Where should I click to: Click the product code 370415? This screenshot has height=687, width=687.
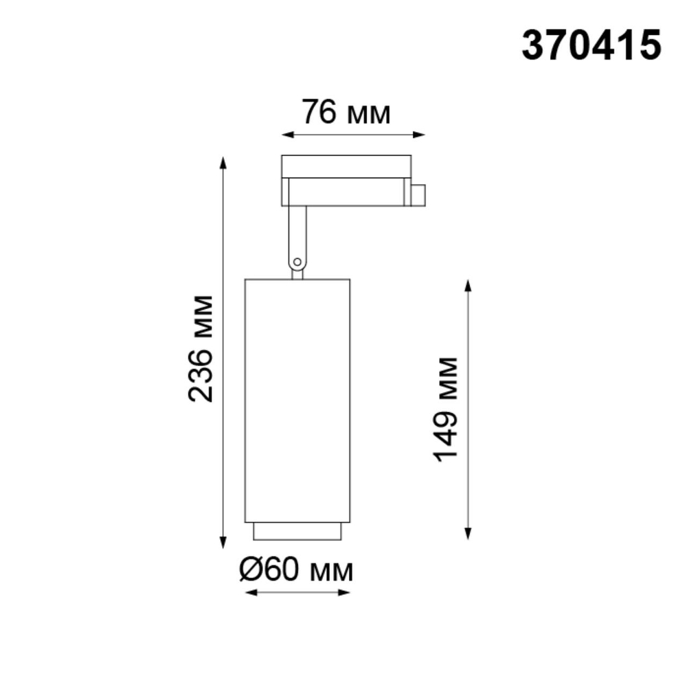coord(591,46)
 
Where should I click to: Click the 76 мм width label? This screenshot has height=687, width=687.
coord(346,112)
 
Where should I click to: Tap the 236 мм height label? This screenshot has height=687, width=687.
coord(201,348)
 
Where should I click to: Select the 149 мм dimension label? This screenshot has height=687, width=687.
coord(447,409)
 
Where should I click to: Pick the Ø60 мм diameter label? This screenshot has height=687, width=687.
coord(297,570)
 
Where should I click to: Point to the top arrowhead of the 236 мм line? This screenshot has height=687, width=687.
coord(223,162)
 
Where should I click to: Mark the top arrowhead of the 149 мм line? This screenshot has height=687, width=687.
coord(469,285)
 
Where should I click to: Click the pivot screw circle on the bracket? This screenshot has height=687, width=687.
coord(297,262)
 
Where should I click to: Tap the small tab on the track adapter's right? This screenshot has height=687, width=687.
coord(418,195)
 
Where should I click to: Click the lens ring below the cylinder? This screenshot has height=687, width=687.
coord(297,531)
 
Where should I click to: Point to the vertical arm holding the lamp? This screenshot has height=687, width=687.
coord(297,234)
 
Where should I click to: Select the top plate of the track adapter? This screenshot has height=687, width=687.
coord(346,166)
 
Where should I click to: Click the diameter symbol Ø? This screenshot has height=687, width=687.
coord(251,570)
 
